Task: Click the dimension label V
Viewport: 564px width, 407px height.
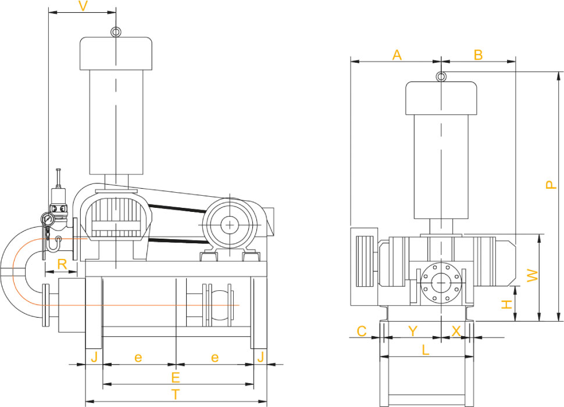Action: coord(83,6)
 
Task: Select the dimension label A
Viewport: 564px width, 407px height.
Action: coord(397,55)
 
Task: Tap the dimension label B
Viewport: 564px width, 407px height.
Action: coord(478,55)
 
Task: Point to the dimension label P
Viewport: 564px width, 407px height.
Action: coord(551,184)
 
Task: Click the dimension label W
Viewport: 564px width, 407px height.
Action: coord(533,276)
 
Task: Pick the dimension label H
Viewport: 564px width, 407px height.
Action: coord(507,305)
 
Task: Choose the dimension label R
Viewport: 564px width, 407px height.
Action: coord(62,264)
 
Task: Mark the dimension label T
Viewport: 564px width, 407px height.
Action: coord(175,394)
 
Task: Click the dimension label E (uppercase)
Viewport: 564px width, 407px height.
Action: coord(175,377)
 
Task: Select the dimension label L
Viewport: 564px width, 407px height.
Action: coord(426,350)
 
